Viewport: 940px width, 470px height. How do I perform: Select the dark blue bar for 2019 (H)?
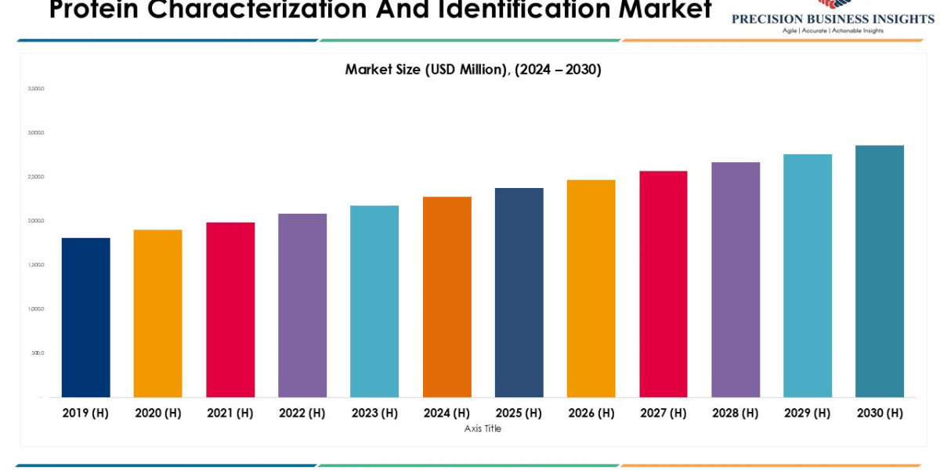(x=85, y=317)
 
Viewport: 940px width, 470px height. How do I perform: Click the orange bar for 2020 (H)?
(x=157, y=313)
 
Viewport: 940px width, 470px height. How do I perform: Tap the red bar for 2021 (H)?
(x=230, y=309)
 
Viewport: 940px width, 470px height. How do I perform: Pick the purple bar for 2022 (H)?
(x=302, y=305)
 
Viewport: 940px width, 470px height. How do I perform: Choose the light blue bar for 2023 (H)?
(x=374, y=302)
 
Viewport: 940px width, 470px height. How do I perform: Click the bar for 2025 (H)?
(x=519, y=292)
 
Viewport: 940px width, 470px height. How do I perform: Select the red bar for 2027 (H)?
(x=663, y=284)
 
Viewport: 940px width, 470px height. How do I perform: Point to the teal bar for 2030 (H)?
(x=880, y=271)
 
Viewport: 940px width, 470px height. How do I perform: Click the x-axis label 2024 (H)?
(x=446, y=413)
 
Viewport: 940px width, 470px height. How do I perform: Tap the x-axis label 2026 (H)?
(x=591, y=413)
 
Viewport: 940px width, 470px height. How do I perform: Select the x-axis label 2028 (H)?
(x=736, y=413)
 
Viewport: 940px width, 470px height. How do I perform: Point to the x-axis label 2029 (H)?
(x=808, y=413)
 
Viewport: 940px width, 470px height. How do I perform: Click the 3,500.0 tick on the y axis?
(x=36, y=89)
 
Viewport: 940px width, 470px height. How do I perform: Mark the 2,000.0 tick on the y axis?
(x=36, y=221)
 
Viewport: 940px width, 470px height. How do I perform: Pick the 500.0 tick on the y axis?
(x=38, y=352)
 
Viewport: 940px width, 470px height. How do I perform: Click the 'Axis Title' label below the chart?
(x=483, y=428)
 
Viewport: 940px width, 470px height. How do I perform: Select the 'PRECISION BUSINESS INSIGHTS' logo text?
(x=833, y=19)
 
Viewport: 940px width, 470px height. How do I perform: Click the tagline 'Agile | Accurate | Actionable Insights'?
(x=833, y=31)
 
